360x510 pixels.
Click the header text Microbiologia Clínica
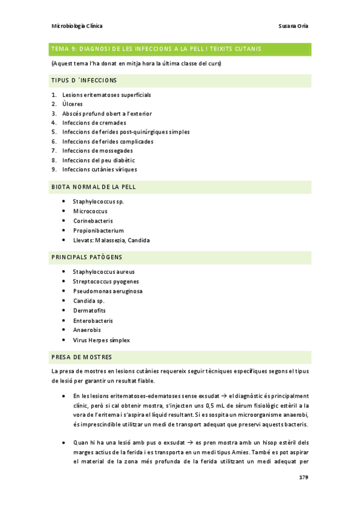click(x=77, y=26)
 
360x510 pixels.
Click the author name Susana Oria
click(x=294, y=26)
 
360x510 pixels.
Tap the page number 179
click(x=304, y=477)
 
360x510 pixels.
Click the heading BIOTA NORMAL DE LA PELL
click(x=94, y=187)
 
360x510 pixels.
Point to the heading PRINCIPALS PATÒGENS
click(x=87, y=257)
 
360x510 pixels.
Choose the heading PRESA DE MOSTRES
click(x=82, y=357)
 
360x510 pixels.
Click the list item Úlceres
click(x=73, y=104)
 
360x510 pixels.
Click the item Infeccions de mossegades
click(x=97, y=150)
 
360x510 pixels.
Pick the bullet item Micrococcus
click(x=90, y=211)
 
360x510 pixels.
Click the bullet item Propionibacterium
click(x=98, y=230)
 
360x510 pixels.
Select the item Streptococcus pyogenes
click(x=106, y=281)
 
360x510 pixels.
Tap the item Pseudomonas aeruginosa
click(x=108, y=291)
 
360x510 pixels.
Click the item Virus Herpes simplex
click(x=101, y=340)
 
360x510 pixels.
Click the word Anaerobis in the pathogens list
click(x=87, y=330)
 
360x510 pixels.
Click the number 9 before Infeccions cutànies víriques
click(x=54, y=169)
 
